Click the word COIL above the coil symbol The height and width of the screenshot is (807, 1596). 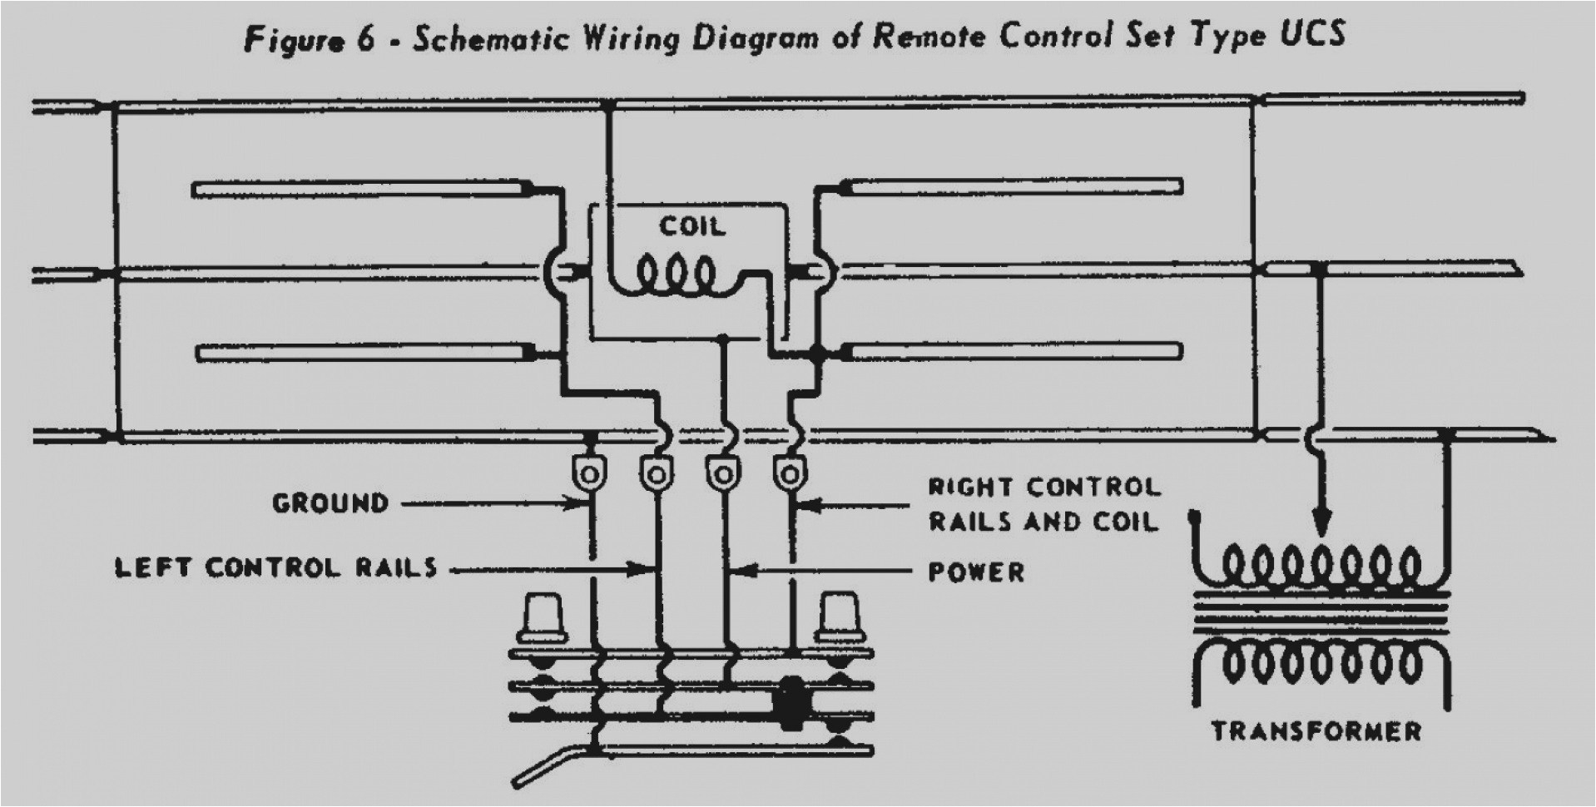coord(691,226)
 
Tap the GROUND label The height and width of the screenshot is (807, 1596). coord(330,503)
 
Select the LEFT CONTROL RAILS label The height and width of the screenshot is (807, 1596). coord(275,568)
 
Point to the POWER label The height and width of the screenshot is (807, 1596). coord(976,572)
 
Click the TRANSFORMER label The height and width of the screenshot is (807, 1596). coord(1316,732)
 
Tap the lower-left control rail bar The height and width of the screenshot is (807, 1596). coord(366,354)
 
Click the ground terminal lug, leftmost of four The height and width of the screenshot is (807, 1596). coord(589,473)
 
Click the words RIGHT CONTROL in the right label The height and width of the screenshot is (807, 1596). coord(1043,488)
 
